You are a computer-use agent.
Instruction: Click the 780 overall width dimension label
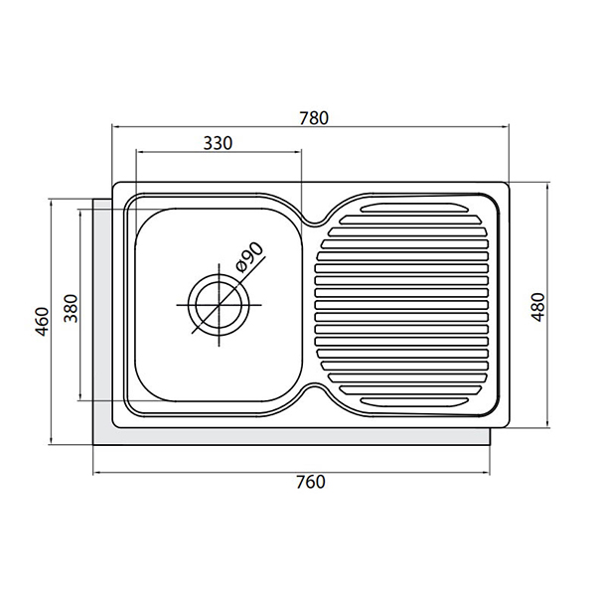point(314,118)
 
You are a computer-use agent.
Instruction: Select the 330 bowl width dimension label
point(218,144)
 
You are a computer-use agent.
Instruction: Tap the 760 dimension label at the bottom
point(311,482)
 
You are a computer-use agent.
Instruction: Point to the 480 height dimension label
point(537,307)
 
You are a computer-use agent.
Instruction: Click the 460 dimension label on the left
point(42,322)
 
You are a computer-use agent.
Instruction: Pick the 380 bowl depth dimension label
point(71,308)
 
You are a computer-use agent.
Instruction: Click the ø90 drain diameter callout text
point(249,257)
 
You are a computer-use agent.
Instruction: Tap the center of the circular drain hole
point(219,305)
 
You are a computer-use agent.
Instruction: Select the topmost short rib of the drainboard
point(414,208)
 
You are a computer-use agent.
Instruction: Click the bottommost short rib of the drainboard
point(414,401)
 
